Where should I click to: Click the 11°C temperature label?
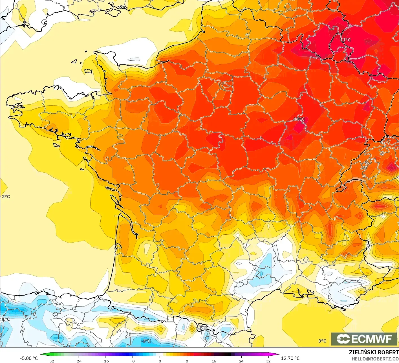[x=345, y=40]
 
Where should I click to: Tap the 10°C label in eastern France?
[x=299, y=119]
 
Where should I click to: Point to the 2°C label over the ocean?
[x=6, y=197]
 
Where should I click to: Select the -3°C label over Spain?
[x=146, y=341]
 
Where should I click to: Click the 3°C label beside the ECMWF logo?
[x=322, y=341]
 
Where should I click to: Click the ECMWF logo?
[x=364, y=339]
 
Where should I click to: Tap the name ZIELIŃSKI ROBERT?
[x=374, y=352]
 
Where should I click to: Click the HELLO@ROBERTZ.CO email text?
[x=375, y=358]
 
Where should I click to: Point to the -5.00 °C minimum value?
[x=29, y=358]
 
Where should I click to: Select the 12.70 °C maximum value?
[x=290, y=358]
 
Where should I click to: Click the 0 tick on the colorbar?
[x=160, y=361]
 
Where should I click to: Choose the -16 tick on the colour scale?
[x=105, y=361]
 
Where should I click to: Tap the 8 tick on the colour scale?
[x=187, y=361]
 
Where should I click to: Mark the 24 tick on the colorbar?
[x=241, y=361]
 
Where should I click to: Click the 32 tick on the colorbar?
[x=268, y=361]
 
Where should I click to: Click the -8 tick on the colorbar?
[x=133, y=361]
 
